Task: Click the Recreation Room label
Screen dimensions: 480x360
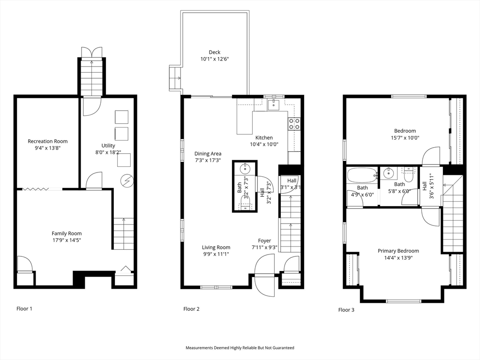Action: coord(47,141)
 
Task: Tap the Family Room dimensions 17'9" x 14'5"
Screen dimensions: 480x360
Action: coord(67,240)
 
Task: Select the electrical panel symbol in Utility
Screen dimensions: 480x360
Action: coord(127,180)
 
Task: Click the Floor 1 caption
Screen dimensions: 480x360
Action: coord(24,308)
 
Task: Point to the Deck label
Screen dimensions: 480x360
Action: coord(215,52)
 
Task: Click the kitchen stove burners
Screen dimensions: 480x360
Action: coord(294,123)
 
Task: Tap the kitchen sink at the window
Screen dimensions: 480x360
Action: coord(272,105)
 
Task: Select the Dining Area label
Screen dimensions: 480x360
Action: coord(208,154)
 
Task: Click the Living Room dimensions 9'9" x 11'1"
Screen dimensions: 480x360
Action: coord(216,254)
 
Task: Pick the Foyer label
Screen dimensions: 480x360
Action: coord(264,241)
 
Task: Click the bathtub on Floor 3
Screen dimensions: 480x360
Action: coord(362,175)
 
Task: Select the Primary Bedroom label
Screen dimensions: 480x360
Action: coord(398,251)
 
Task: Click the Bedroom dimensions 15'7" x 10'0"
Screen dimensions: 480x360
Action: coord(405,138)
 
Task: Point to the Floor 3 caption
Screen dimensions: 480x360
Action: coord(346,310)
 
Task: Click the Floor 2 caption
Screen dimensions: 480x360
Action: coord(191,309)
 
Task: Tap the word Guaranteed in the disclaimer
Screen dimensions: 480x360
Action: coord(285,348)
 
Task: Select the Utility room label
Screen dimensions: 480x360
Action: coord(108,146)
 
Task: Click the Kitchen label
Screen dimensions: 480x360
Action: coord(264,138)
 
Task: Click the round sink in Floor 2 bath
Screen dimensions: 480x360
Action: coord(245,169)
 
